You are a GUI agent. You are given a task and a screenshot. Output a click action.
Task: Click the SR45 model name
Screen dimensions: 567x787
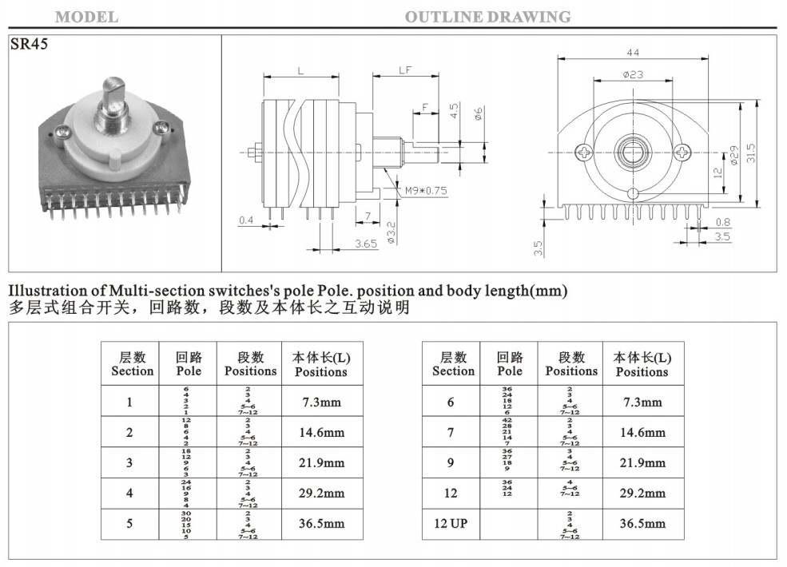(29, 45)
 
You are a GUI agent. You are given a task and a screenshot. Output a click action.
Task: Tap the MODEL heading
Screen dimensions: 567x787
(86, 17)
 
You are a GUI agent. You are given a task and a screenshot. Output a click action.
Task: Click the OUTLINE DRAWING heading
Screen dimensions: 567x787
(487, 17)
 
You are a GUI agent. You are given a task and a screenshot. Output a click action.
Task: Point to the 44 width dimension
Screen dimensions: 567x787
(633, 53)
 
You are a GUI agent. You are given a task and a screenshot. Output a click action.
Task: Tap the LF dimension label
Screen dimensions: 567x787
(404, 70)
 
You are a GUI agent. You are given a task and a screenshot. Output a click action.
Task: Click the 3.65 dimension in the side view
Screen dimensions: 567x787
(366, 244)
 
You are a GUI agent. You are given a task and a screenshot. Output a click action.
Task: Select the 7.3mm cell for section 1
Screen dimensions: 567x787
(320, 402)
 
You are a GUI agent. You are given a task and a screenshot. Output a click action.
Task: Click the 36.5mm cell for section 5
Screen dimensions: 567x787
(320, 524)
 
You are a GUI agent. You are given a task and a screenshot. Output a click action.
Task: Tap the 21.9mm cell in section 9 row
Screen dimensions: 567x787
(642, 463)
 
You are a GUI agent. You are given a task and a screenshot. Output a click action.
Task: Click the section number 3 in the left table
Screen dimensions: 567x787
(129, 463)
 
